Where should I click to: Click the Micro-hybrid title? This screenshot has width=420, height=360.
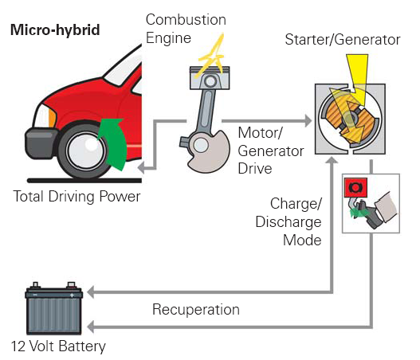[x=55, y=30]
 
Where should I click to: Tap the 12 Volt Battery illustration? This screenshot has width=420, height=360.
[x=54, y=308]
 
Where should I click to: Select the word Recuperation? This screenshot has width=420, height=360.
[x=196, y=309]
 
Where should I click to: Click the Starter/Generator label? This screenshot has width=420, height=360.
[x=343, y=40]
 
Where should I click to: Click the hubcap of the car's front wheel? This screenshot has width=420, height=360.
[x=86, y=150]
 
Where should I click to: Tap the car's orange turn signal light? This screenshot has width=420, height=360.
[x=52, y=117]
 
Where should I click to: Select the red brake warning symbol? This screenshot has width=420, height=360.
[x=355, y=187]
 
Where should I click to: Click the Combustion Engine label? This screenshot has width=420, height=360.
[x=186, y=29]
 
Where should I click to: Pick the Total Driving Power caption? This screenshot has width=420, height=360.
[x=77, y=197]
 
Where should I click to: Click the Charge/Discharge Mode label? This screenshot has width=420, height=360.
[x=289, y=222]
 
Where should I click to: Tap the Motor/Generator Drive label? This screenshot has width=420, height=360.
[x=271, y=151]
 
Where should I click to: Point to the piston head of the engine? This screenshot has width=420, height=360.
[x=210, y=78]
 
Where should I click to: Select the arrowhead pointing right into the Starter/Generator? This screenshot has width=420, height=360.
[x=308, y=121]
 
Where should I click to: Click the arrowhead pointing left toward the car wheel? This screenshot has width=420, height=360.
[x=141, y=168]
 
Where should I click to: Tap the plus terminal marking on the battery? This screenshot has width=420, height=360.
[x=72, y=295]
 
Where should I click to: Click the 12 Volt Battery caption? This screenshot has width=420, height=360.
[x=58, y=346]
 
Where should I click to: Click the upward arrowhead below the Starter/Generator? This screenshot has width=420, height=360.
[x=332, y=160]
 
